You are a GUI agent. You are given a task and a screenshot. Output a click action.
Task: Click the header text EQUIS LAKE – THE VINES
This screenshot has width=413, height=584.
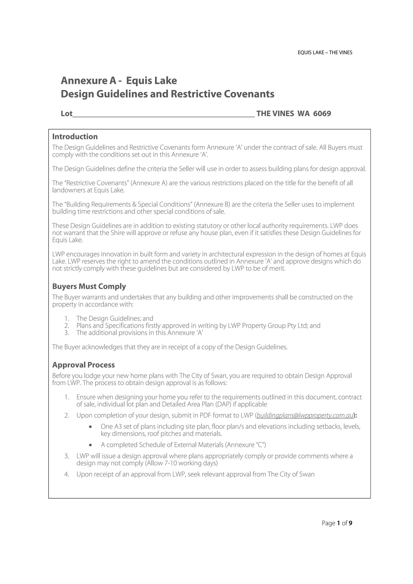coord(325,53)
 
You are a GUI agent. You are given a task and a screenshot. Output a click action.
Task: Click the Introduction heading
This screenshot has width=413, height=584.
coord(75,137)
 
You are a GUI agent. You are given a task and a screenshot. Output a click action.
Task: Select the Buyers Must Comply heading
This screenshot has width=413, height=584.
coord(89,286)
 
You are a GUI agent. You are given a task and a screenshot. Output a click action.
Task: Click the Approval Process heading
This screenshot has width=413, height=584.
coord(83,365)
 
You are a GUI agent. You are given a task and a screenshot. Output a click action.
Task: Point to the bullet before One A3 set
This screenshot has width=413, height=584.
coord(90,427)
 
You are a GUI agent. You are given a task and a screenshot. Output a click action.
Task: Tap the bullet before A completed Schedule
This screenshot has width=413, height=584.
coord(90,445)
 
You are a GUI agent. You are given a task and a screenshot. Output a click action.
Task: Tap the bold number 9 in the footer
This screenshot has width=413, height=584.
coord(350,523)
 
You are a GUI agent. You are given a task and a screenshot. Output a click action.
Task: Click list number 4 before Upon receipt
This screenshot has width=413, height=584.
coord(67,474)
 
